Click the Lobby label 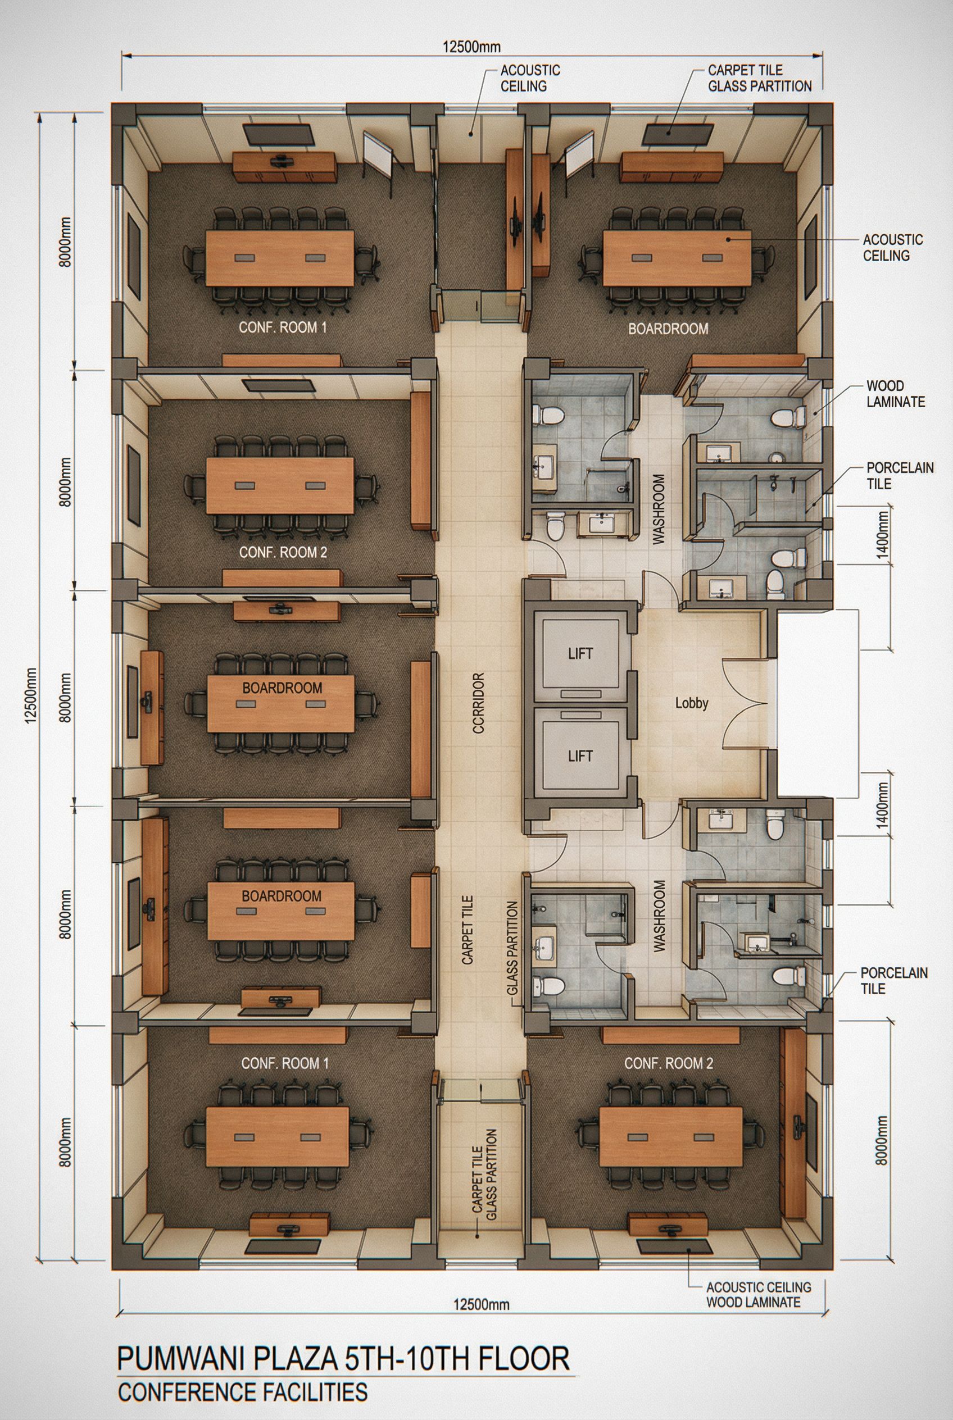coord(692,704)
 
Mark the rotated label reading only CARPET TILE coord(468,930)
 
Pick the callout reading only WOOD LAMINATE coord(895,393)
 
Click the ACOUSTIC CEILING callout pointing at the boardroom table coord(893,247)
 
